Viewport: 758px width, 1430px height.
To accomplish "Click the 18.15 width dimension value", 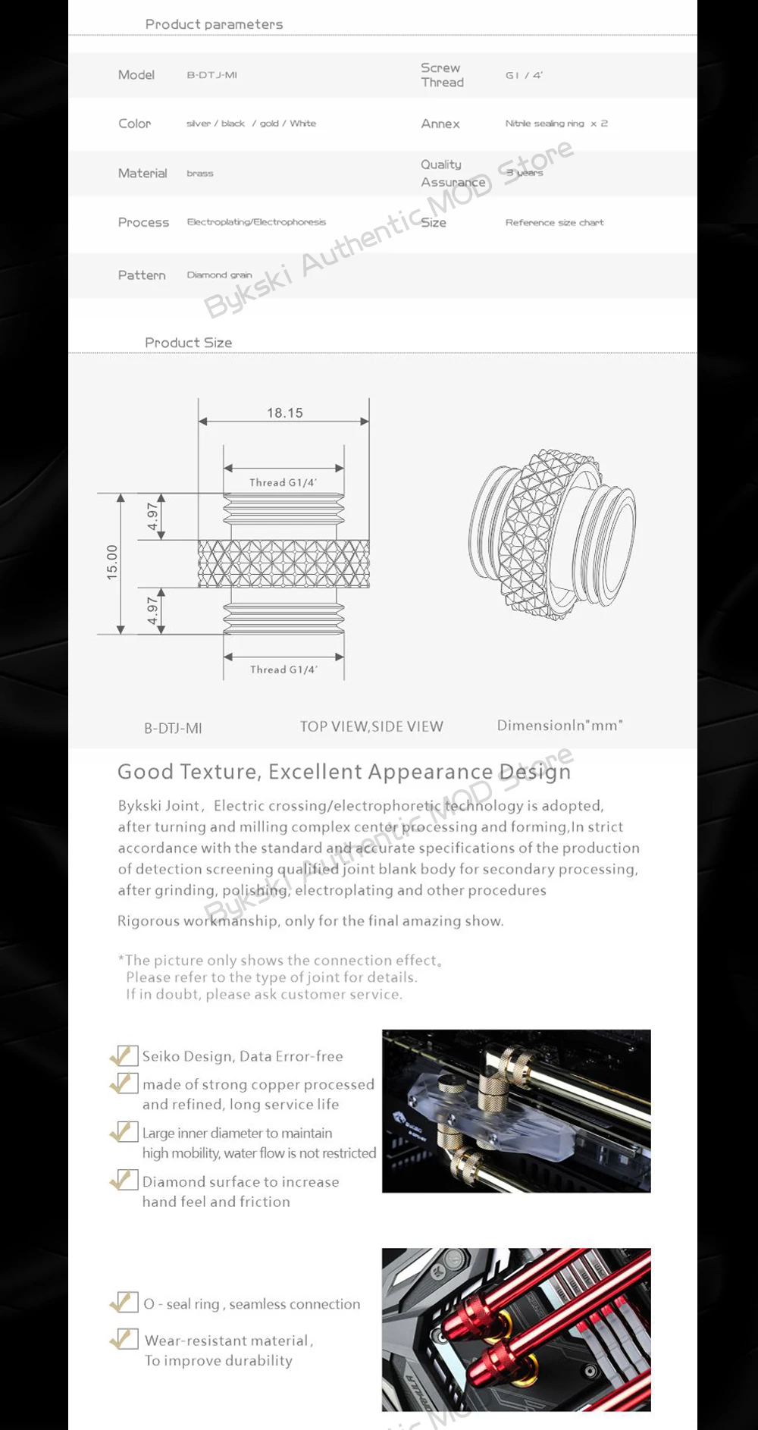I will point(284,413).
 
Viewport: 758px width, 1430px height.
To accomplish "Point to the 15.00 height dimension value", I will point(112,563).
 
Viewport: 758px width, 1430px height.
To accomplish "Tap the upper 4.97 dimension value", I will point(153,516).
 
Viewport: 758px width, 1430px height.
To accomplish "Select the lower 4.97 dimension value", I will point(153,610).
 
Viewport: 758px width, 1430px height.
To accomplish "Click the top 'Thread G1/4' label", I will point(283,482).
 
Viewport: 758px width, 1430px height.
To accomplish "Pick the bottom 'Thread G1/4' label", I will point(283,670).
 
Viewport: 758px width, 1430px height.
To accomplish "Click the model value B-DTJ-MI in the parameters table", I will point(212,75).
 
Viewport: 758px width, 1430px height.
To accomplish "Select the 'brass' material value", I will point(200,174).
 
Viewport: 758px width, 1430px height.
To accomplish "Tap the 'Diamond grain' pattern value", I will point(219,275).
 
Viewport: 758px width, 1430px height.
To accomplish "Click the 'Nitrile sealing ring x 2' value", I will point(556,124).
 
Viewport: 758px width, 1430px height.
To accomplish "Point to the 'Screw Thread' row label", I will point(442,75).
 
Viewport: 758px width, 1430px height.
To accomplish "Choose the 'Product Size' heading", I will point(188,343).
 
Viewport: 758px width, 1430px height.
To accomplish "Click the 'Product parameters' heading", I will point(214,24).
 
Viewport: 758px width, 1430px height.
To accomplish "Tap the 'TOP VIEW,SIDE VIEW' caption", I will point(371,726).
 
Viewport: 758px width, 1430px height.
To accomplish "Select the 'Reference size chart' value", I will point(554,223).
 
